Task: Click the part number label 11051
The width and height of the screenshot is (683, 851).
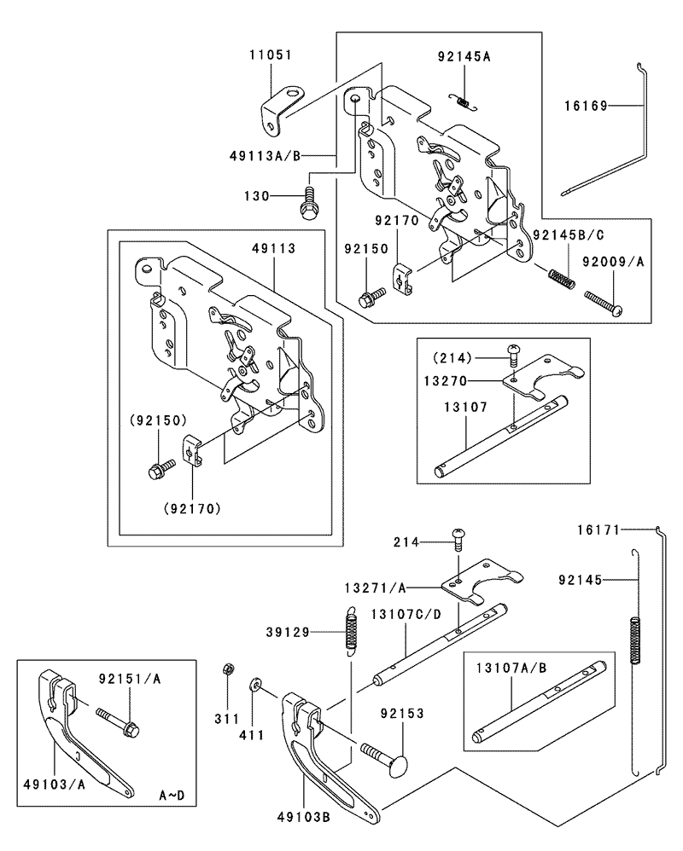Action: tap(271, 55)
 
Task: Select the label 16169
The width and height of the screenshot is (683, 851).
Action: tap(586, 106)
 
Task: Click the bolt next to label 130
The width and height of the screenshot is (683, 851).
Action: tap(308, 204)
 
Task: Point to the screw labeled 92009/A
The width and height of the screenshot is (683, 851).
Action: tap(603, 303)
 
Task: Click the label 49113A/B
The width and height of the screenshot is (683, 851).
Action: tap(265, 156)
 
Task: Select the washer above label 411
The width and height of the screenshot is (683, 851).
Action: tap(254, 685)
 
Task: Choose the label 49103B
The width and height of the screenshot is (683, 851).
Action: tap(303, 816)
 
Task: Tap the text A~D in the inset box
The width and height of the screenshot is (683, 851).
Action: tap(172, 796)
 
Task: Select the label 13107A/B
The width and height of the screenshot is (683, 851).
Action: tap(511, 669)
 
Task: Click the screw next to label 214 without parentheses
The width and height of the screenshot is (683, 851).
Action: tap(459, 541)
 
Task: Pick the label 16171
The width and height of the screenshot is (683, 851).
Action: tap(598, 530)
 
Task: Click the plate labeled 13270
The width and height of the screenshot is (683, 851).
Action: tap(543, 375)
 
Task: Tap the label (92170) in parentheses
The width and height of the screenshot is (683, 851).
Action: tap(192, 508)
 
